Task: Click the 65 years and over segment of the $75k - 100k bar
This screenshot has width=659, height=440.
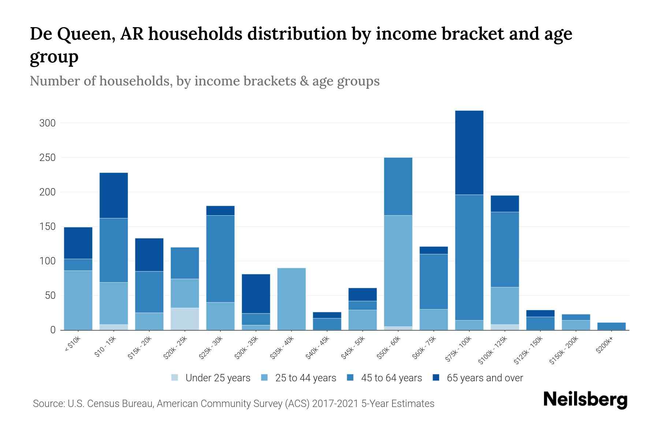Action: click(x=469, y=153)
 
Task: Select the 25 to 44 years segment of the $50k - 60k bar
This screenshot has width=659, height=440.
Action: click(x=398, y=271)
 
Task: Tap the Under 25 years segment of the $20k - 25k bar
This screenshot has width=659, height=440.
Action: click(x=185, y=319)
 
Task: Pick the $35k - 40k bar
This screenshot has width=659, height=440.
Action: click(x=291, y=299)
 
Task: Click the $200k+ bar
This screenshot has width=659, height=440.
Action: click(x=611, y=326)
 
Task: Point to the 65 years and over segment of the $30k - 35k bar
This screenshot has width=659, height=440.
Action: click(x=256, y=293)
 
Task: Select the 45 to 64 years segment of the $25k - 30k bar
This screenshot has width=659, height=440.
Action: click(x=220, y=258)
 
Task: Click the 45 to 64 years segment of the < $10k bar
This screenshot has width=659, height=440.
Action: click(x=78, y=264)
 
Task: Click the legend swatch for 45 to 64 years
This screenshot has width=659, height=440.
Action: click(x=350, y=378)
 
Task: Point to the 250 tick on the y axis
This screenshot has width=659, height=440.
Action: click(x=47, y=158)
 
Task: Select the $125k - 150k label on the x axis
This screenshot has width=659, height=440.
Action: click(x=528, y=350)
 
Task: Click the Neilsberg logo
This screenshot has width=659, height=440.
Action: click(x=585, y=400)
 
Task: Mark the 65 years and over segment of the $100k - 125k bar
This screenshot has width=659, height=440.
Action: click(x=505, y=203)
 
